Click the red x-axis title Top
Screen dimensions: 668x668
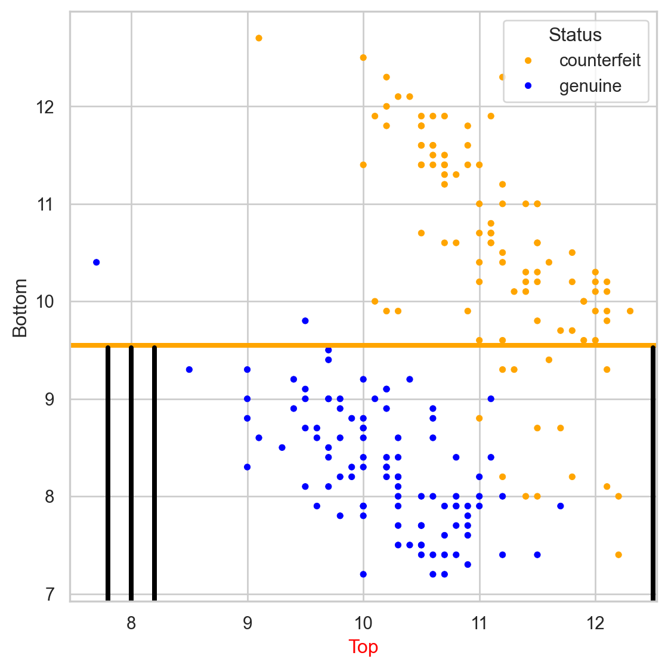[x=363, y=647]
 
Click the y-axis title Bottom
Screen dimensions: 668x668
[x=20, y=308]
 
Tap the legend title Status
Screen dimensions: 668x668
[x=575, y=35]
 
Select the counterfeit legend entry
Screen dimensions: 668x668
[x=599, y=60]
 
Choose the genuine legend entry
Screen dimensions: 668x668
[x=590, y=86]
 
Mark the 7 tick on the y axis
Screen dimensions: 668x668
[x=50, y=594]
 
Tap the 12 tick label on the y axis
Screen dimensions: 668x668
[x=45, y=107]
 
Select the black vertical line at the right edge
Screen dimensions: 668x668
[x=653, y=471]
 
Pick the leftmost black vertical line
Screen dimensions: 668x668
[x=108, y=471]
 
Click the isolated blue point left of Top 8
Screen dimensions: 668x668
[x=97, y=262]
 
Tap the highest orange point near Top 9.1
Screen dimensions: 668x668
[x=259, y=38]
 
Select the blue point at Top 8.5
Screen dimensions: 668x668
[x=189, y=370]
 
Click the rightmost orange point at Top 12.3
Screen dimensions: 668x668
[x=630, y=311]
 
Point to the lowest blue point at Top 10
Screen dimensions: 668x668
[x=363, y=574]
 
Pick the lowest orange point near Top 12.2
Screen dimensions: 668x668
[x=618, y=555]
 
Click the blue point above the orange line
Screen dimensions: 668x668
[x=305, y=321]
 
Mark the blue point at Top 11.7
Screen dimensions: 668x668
[x=561, y=506]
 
